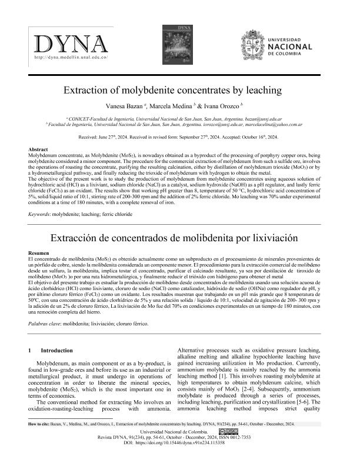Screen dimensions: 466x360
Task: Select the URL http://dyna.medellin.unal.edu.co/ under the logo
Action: pyautogui.click(x=71, y=58)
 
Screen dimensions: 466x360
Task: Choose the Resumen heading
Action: pyautogui.click(x=39, y=252)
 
